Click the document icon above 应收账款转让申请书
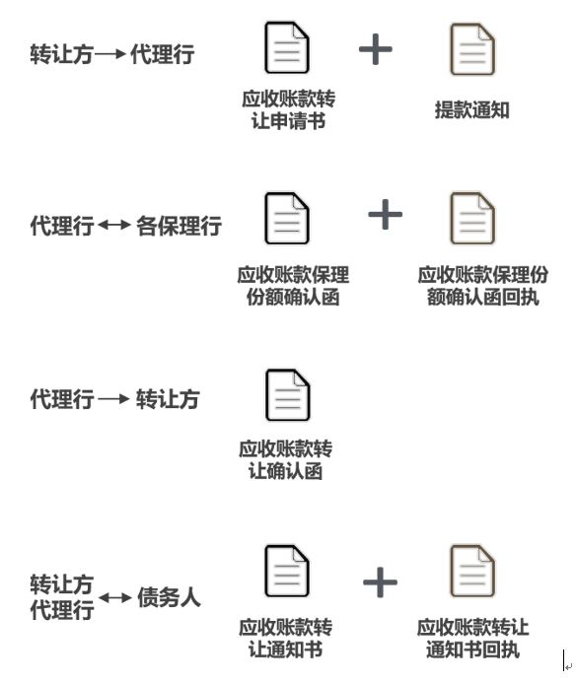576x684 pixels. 287,47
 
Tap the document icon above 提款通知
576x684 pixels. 472,49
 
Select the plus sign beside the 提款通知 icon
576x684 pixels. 376,49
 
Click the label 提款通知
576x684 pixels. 472,109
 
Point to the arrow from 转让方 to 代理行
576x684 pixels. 110,54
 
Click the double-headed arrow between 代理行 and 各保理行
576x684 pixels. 114,225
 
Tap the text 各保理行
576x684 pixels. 180,226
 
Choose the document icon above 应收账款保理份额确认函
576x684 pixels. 287,218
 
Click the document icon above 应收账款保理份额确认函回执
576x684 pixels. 472,218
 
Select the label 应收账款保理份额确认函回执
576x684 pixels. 482,286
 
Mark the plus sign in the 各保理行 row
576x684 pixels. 386,214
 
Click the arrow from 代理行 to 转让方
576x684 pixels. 113,399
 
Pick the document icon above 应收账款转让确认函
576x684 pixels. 288,395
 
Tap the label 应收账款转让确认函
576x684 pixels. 286,460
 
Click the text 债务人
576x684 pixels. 169,597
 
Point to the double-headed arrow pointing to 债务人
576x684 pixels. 114,597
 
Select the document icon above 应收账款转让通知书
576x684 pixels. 287,571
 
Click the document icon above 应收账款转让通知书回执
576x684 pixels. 472,571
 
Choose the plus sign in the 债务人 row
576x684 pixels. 380,581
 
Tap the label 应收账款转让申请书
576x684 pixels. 289,109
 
